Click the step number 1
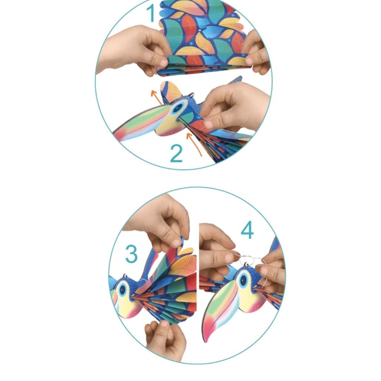pyautogui.click(x=151, y=13)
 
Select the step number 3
pyautogui.click(x=132, y=254)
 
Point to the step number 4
pyautogui.click(x=247, y=231)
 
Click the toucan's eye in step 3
pyautogui.click(x=123, y=290)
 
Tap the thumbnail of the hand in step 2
pyautogui.click(x=209, y=124)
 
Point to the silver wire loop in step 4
pyautogui.click(x=250, y=261)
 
